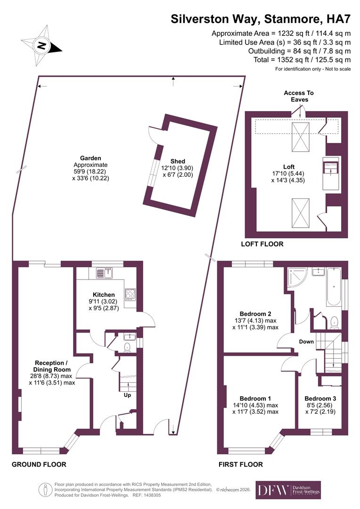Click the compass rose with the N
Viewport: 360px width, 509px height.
(43, 45)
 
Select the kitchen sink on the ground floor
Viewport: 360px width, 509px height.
(105, 272)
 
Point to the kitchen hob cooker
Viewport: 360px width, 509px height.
(130, 295)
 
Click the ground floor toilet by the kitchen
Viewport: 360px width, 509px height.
(126, 347)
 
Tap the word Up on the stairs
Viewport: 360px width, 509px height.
(127, 395)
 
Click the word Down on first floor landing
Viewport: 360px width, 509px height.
(306, 342)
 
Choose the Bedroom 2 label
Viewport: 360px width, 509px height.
(255, 314)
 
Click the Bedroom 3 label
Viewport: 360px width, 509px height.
(319, 398)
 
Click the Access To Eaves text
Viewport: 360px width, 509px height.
(299, 96)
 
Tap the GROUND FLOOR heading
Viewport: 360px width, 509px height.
(39, 464)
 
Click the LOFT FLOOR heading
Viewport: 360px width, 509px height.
(262, 244)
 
